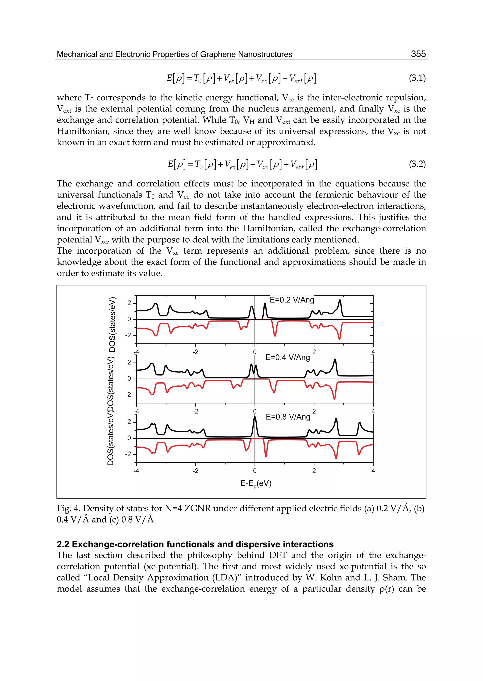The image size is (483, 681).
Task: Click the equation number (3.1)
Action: [x=417, y=78]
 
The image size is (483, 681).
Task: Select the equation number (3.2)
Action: [x=417, y=164]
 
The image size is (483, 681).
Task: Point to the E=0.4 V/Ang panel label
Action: [x=287, y=357]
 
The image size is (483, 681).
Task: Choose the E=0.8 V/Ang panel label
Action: [x=288, y=417]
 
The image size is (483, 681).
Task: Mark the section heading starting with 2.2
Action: [x=195, y=544]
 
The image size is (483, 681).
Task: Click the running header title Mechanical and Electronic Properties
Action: [x=174, y=54]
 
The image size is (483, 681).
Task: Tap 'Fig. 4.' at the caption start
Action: [x=68, y=509]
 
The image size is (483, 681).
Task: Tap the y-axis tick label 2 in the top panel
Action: [x=129, y=303]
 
